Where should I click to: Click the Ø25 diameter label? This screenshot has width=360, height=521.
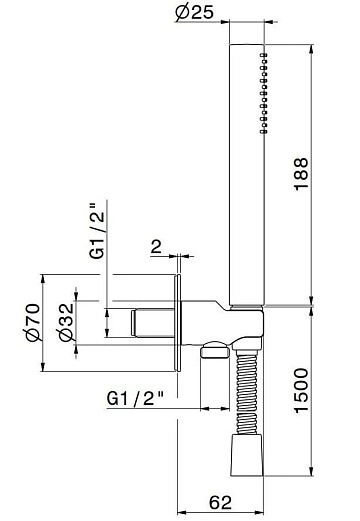point(194,12)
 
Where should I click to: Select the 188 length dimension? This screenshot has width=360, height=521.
point(302,174)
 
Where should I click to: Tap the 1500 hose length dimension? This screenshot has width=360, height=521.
point(302,390)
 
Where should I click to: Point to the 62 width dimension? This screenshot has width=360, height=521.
point(220,502)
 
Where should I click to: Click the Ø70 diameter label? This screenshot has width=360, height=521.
point(33,322)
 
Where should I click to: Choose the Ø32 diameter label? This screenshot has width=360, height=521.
point(66,322)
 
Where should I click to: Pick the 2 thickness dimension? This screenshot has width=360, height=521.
point(156,247)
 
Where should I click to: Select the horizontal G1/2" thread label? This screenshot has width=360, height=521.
point(135,398)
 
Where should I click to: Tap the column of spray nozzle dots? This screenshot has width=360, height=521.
point(264,93)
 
